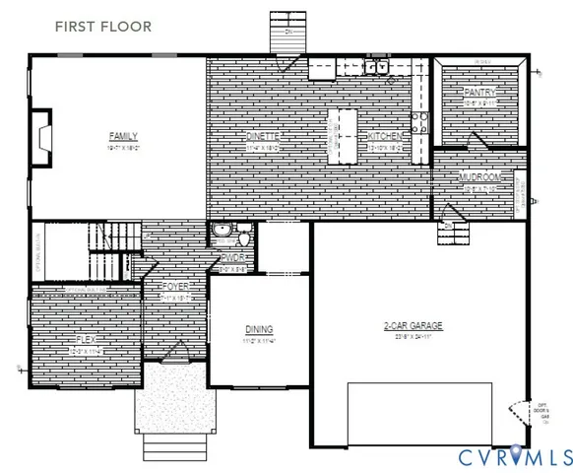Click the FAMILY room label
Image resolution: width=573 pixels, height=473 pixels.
coord(123,136)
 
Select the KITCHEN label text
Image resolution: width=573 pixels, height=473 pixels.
coord(385,136)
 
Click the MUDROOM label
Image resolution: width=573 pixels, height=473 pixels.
coord(481,177)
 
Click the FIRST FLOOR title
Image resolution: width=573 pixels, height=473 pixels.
coord(103,27)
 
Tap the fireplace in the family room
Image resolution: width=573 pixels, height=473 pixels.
coord(40,130)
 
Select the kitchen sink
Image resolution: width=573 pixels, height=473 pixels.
coord(376,67)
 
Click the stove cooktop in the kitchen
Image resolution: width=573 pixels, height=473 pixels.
coord(419,121)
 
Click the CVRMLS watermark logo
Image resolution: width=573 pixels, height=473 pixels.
coord(515,456)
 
